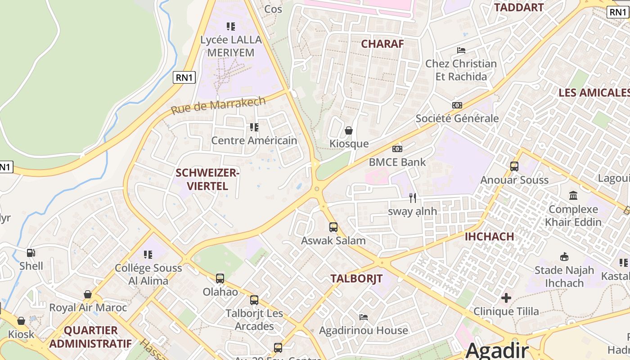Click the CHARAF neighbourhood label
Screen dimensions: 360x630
tap(382, 44)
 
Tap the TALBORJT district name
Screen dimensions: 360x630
tap(356, 278)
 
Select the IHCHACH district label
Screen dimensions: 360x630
tap(489, 236)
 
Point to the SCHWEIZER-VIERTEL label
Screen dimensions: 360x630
tap(207, 179)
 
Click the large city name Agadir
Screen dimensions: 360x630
tap(497, 350)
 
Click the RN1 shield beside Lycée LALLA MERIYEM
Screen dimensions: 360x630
tap(184, 77)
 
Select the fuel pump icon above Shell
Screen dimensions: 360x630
tap(31, 253)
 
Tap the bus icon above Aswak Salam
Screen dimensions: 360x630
tap(333, 227)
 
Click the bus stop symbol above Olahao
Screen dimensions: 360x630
tap(220, 278)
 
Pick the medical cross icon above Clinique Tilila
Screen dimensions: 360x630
tap(506, 297)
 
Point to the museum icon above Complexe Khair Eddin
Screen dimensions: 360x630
tap(573, 196)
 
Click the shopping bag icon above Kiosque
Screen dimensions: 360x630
tap(349, 130)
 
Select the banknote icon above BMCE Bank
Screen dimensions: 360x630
tap(397, 148)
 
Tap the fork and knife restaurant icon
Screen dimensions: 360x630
tap(413, 198)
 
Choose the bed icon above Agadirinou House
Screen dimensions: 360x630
tap(364, 317)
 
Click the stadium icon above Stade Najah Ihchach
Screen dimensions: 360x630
tap(564, 257)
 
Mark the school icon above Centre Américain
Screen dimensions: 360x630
tap(254, 127)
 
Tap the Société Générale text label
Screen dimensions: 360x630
tap(457, 118)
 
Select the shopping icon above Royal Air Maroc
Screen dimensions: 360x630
tap(88, 294)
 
